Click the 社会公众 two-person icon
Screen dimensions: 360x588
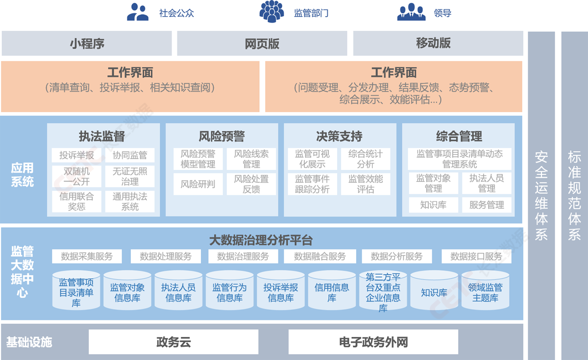click(138, 12)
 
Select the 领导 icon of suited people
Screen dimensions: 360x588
click(411, 12)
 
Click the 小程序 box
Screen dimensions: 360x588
click(87, 44)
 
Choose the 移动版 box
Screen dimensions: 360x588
click(433, 44)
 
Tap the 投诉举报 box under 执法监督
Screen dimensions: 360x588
click(76, 155)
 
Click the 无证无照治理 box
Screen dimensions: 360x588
click(130, 176)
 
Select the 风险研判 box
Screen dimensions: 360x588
click(198, 184)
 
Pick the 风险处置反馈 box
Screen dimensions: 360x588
click(251, 184)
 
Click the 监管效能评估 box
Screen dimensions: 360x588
click(366, 184)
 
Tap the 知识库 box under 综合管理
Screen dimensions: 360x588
click(433, 205)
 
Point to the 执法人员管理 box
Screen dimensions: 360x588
click(487, 183)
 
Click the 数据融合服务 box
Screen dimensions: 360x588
click(320, 256)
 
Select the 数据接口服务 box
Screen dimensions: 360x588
click(476, 256)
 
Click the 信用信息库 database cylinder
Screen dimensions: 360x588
click(332, 292)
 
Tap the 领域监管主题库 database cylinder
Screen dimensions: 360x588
click(485, 292)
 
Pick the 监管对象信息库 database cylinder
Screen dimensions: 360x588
click(127, 292)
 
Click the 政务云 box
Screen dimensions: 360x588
click(173, 342)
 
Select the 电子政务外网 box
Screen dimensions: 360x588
click(373, 342)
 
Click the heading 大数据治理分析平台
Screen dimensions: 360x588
click(261, 240)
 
